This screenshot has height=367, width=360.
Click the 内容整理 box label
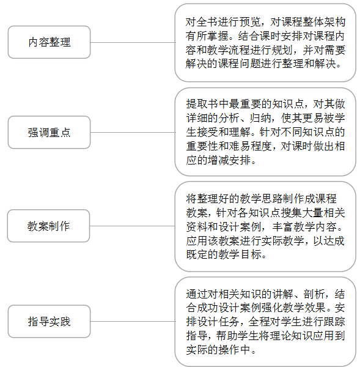coord(50,42)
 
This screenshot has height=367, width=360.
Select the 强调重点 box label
coord(49,132)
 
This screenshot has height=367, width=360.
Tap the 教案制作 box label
coord(48,226)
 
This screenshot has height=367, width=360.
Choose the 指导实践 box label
coord(49,321)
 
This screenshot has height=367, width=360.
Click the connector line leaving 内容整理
coord(133,42)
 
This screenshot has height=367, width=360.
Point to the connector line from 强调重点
coord(133,132)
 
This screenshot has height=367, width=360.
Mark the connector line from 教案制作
coord(133,226)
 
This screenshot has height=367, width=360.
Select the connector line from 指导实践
coord(133,321)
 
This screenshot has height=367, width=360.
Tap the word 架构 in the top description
coord(335,22)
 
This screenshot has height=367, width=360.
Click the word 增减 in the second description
coord(218,160)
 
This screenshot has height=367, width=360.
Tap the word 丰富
coord(282,227)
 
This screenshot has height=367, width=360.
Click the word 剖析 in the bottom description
coord(314,294)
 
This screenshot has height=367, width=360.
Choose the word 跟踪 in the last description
coord(334,322)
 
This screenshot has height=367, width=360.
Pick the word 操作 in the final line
coord(229,350)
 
